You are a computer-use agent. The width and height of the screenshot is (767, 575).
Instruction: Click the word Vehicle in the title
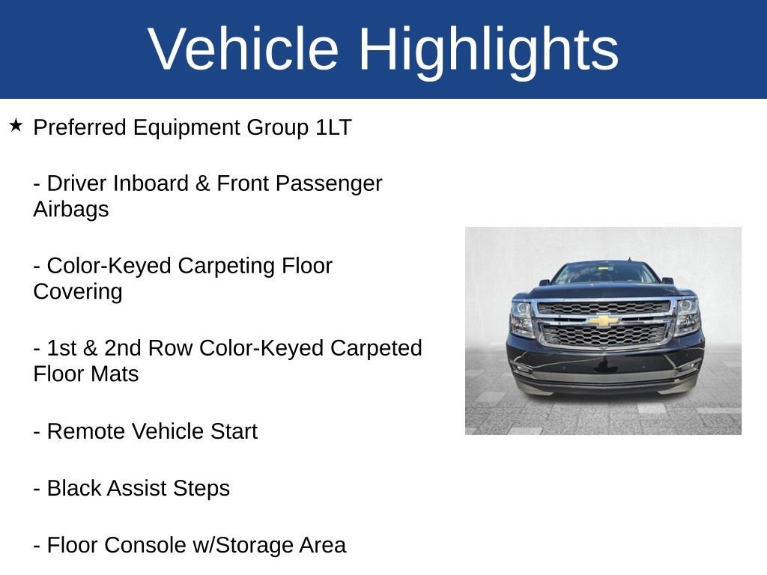tap(243, 49)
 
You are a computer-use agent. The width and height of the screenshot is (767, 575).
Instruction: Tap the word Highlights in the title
tap(488, 52)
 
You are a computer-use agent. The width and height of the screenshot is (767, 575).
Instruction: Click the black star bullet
tap(16, 125)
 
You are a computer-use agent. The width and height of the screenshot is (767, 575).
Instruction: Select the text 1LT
tap(333, 127)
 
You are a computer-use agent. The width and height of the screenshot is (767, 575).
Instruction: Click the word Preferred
tap(80, 127)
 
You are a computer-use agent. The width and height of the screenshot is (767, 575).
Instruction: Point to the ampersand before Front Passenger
tap(202, 183)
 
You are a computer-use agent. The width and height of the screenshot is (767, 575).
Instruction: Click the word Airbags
tap(71, 210)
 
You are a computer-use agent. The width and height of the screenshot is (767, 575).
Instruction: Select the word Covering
tap(78, 292)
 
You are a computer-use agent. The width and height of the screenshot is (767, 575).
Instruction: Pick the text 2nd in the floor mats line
tap(123, 348)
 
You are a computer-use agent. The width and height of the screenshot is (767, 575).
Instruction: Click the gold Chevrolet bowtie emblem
tap(604, 320)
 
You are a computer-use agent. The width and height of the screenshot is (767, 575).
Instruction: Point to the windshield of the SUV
tap(605, 273)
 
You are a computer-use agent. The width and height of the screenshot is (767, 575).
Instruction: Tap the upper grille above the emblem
tap(604, 308)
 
